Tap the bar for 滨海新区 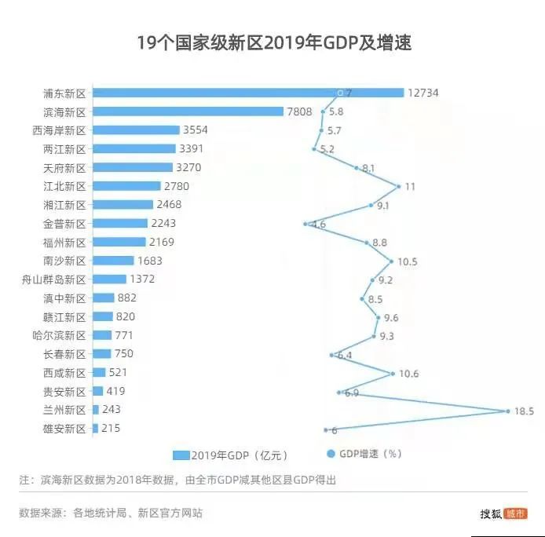(x=188, y=111)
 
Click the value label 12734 (x=422, y=93)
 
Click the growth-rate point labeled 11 (x=399, y=186)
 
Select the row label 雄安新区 (x=64, y=429)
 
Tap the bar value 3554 (x=195, y=130)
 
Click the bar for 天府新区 (x=132, y=167)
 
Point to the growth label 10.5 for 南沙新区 (x=407, y=261)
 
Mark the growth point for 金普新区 (x=305, y=224)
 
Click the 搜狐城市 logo (x=503, y=513)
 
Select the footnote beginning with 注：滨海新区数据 (x=177, y=480)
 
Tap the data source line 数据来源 (x=111, y=513)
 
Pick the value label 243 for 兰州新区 (x=112, y=410)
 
